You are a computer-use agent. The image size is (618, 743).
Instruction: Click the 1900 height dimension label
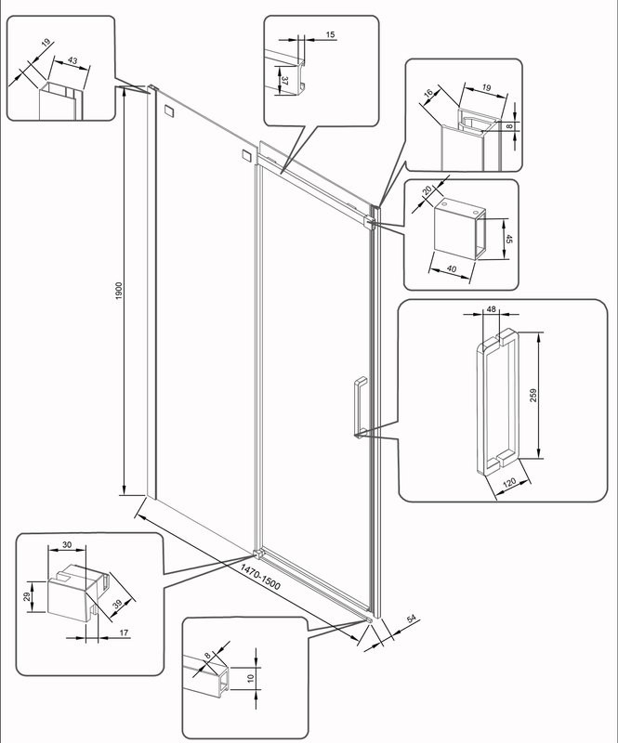click(119, 291)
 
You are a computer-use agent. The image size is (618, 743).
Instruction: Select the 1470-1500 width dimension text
click(260, 577)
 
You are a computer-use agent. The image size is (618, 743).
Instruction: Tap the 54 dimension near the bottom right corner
click(411, 619)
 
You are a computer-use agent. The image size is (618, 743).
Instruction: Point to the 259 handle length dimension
click(533, 396)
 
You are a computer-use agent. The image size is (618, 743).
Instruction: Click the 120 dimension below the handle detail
click(509, 483)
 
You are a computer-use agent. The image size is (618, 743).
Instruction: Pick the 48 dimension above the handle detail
click(491, 309)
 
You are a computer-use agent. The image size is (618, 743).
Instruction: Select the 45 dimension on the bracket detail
click(509, 239)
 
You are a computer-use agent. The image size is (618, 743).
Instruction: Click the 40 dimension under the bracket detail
click(452, 268)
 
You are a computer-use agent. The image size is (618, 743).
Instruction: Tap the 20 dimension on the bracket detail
click(427, 190)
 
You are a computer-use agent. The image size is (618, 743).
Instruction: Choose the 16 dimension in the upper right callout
click(428, 94)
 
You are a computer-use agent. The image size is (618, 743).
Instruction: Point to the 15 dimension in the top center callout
click(330, 34)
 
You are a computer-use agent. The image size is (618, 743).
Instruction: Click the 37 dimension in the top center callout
click(284, 81)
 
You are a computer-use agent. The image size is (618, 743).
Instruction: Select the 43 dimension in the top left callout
click(72, 60)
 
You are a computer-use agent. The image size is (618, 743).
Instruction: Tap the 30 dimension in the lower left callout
click(67, 545)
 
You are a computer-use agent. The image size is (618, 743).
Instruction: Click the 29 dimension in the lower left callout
click(28, 596)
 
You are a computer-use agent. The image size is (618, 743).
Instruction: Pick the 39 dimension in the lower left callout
click(118, 604)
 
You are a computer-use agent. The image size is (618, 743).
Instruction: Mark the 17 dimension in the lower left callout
click(124, 632)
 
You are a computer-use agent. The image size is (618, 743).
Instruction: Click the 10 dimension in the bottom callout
click(251, 678)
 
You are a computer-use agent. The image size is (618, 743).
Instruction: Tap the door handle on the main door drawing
click(361, 408)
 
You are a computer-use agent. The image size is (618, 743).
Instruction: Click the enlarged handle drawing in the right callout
click(497, 401)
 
